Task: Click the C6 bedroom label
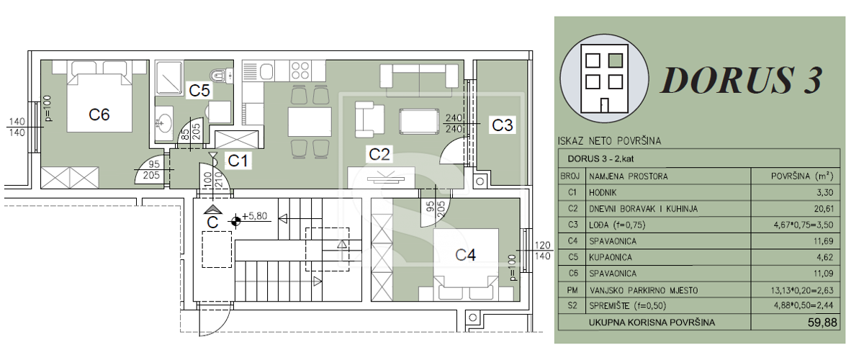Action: click(99, 114)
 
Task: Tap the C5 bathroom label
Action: click(199, 91)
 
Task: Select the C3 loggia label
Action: click(503, 125)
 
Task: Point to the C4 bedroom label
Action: click(465, 255)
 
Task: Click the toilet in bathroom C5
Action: click(222, 75)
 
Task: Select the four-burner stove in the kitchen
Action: click(300, 71)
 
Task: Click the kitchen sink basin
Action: click(266, 72)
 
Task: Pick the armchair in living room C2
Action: click(369, 120)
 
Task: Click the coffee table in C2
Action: click(419, 122)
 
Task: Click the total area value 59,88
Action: click(822, 323)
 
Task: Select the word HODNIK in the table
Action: click(603, 192)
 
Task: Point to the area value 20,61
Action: click(824, 209)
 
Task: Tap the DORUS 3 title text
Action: click(742, 80)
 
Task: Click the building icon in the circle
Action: click(604, 78)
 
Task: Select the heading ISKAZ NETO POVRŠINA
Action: click(609, 141)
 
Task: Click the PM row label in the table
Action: click(572, 290)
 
